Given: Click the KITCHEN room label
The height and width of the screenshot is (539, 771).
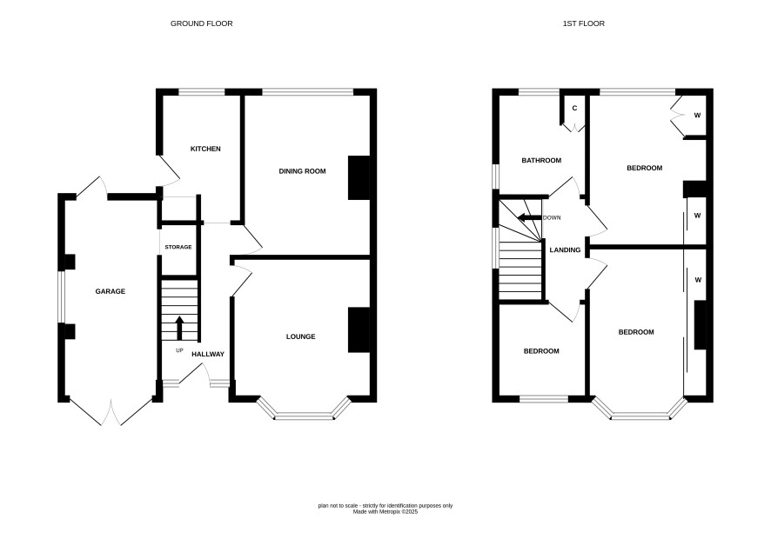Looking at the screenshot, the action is click(x=205, y=149).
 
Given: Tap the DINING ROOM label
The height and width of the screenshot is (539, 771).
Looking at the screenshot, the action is click(x=302, y=171).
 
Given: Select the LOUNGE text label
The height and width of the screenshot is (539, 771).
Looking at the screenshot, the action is click(x=300, y=336).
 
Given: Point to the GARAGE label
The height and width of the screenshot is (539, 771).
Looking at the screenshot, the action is click(x=111, y=291).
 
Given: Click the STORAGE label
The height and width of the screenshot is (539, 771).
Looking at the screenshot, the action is click(x=178, y=247).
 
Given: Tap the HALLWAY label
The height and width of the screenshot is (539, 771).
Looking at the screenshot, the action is click(x=207, y=354).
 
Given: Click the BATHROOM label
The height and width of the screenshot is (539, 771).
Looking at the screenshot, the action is click(x=541, y=161).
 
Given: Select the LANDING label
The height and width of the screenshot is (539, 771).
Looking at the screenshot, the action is click(x=565, y=250).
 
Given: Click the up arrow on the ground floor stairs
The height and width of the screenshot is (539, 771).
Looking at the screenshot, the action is click(x=179, y=328).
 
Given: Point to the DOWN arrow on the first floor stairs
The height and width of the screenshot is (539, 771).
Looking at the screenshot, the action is click(x=529, y=217).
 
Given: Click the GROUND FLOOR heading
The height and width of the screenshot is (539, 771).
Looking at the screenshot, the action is click(x=202, y=23).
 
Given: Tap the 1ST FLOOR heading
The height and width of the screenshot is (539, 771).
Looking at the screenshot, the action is click(x=584, y=23).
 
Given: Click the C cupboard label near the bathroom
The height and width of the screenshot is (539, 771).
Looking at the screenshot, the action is click(x=574, y=108).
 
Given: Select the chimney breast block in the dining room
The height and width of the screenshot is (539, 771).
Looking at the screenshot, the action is click(x=359, y=178).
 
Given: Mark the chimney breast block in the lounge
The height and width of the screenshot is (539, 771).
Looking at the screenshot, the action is click(x=359, y=329).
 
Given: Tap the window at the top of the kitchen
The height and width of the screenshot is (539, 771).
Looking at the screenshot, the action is click(x=202, y=92).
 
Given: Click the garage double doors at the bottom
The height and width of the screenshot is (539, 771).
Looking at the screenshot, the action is click(x=112, y=412).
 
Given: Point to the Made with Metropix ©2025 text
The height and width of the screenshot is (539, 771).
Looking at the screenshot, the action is click(x=385, y=511).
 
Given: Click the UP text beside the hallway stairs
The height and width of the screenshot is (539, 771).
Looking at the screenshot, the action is click(x=179, y=350).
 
